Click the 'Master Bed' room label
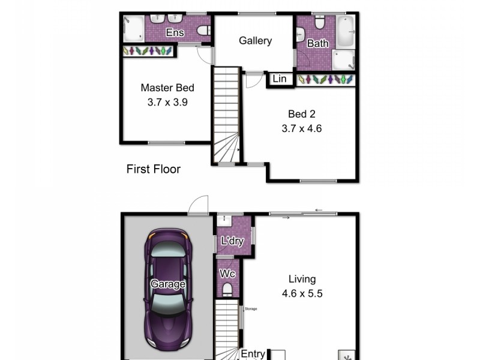(167, 88)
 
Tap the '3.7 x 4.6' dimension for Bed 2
(302, 128)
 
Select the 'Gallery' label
(255, 41)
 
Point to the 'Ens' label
(175, 32)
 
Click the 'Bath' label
(317, 43)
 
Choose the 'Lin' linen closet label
(280, 79)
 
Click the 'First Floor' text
(153, 169)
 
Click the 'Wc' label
(227, 274)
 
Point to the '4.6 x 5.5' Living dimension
(302, 294)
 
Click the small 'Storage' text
(250, 308)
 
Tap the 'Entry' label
(253, 354)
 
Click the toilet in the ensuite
(203, 31)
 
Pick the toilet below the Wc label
(227, 290)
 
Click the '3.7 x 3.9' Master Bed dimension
(167, 102)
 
